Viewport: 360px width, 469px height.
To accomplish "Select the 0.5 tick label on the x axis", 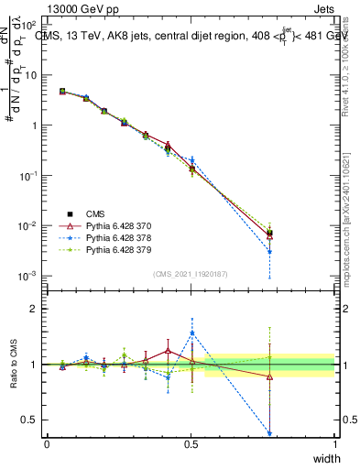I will click(x=191, y=442).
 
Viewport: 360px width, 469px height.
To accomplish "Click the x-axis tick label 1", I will click(x=334, y=442).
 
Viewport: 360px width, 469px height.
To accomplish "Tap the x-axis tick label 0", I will click(x=47, y=442).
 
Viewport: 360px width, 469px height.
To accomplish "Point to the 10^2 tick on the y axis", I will click(x=30, y=25).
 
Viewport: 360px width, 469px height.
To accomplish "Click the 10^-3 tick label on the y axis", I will click(x=28, y=276).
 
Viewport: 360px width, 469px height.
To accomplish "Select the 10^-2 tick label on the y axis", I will click(x=28, y=225).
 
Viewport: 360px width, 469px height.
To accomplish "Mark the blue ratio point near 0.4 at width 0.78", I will click(x=270, y=433).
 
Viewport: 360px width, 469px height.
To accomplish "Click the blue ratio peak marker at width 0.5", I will click(x=191, y=333).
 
